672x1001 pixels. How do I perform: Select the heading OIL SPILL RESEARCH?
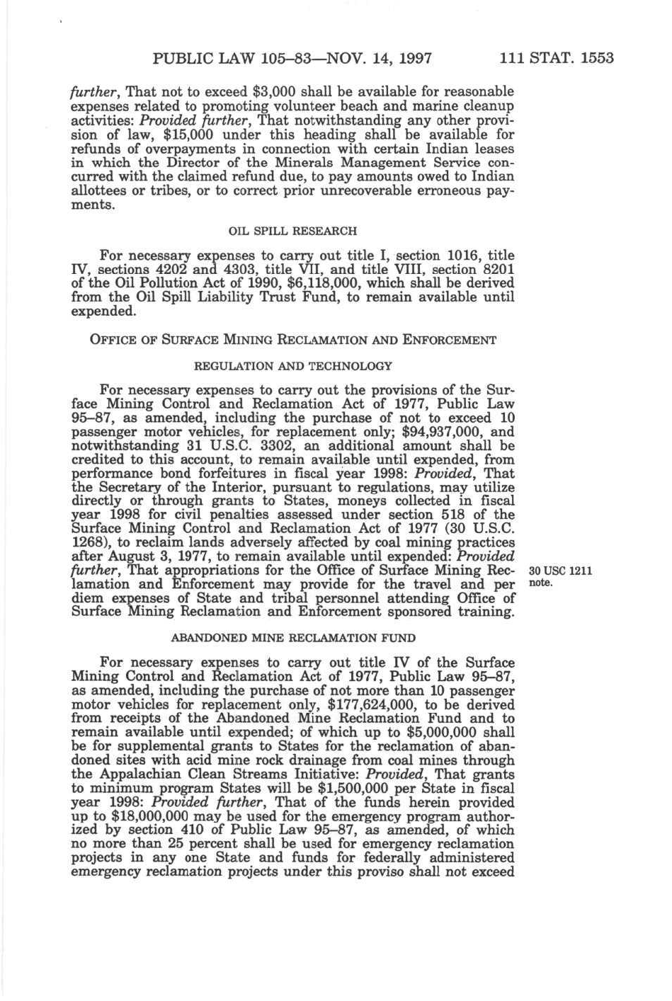292,231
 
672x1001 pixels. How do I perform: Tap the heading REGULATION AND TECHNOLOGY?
292,366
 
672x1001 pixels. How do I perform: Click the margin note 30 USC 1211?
560,571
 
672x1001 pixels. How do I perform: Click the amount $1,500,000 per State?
357,789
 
